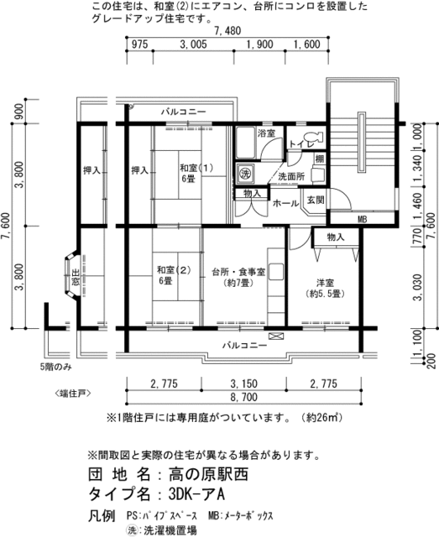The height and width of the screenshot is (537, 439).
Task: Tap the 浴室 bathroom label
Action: point(267,133)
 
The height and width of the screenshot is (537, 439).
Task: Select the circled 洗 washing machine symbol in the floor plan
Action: point(245,173)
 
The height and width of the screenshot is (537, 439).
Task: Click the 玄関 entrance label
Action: point(316,200)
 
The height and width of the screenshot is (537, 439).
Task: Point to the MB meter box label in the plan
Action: point(362,219)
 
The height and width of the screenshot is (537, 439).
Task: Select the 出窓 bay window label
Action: point(75,278)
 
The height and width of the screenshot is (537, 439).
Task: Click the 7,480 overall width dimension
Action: point(227,31)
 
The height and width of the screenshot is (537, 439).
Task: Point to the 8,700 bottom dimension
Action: point(243,397)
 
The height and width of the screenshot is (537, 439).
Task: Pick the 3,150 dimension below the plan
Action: point(243,383)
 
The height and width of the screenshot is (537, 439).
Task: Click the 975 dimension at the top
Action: point(140,44)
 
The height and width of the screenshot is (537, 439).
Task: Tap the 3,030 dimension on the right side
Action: point(418,287)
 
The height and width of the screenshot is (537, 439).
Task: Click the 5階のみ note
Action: point(56,368)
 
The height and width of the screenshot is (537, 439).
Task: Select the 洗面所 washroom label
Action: point(291,177)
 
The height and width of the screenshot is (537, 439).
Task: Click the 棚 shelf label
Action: point(320,159)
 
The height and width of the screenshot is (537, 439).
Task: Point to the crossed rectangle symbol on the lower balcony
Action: point(276,336)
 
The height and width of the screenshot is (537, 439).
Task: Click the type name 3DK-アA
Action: point(196,494)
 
